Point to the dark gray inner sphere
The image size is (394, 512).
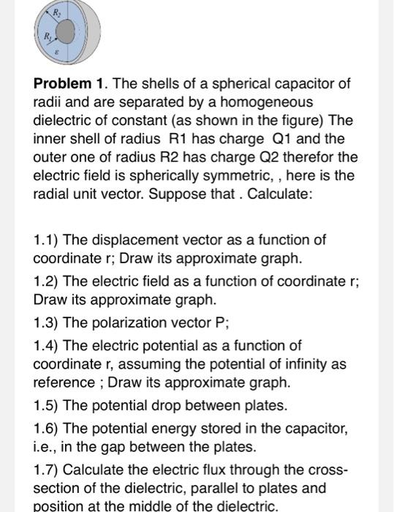(x=66, y=31)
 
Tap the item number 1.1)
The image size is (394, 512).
(x=48, y=240)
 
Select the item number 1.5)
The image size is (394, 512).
(x=48, y=404)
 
